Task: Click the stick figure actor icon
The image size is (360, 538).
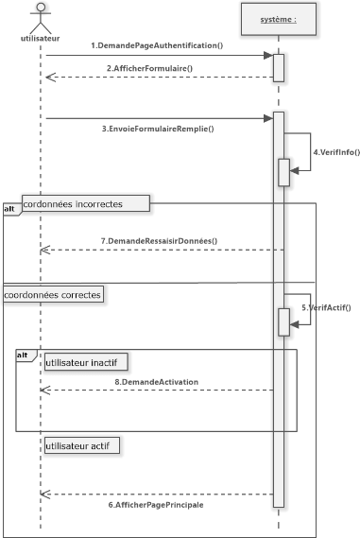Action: pos(40,17)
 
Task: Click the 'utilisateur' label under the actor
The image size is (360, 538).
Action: pos(40,39)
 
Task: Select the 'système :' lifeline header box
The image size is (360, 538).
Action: pos(278,18)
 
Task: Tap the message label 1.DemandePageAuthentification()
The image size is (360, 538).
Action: pos(156,46)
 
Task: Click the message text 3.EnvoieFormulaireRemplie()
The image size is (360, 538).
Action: pos(157,129)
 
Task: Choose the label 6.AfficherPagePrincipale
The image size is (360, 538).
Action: pos(157,505)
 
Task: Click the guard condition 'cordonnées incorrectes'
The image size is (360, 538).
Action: pos(85,202)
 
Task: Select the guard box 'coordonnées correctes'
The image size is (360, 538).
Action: pos(54,294)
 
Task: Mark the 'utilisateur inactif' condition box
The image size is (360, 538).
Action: pos(85,360)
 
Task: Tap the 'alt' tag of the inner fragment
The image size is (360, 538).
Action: pos(25,355)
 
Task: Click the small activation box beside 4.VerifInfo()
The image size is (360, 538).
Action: pos(283,172)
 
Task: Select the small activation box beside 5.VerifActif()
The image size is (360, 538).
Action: pos(283,321)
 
